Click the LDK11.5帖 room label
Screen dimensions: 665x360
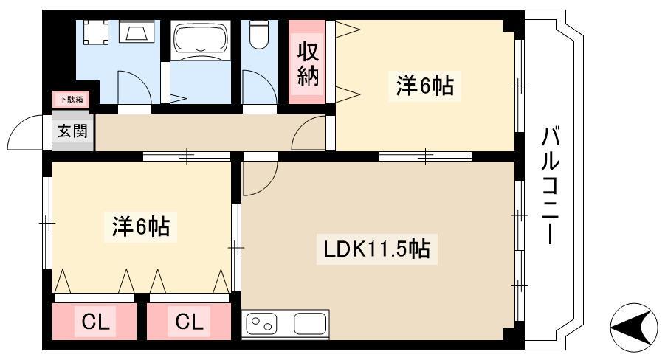[376, 249]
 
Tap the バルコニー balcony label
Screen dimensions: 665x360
[549, 186]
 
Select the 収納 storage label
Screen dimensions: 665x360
[308, 63]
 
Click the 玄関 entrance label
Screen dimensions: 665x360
[72, 131]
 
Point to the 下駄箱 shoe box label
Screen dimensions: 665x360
[71, 100]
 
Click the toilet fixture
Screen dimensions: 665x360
[259, 34]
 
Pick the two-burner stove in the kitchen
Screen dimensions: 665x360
[261, 324]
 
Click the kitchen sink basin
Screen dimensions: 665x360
[310, 324]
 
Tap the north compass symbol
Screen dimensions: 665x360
[633, 328]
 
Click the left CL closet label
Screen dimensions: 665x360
[95, 322]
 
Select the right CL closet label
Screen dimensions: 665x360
[190, 322]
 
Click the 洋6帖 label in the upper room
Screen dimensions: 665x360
[425, 86]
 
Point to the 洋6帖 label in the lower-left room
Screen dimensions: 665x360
[141, 226]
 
